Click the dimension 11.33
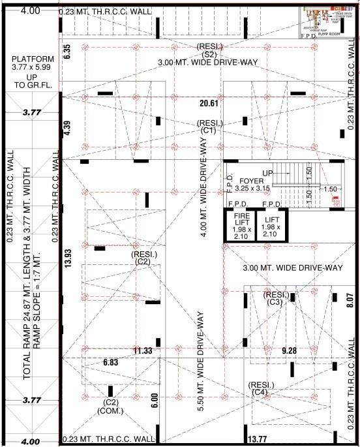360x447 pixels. tap(143, 351)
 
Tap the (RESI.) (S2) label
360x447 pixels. tap(209, 50)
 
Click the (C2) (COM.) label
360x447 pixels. tap(107, 406)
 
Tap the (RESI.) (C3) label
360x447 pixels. tap(275, 298)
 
